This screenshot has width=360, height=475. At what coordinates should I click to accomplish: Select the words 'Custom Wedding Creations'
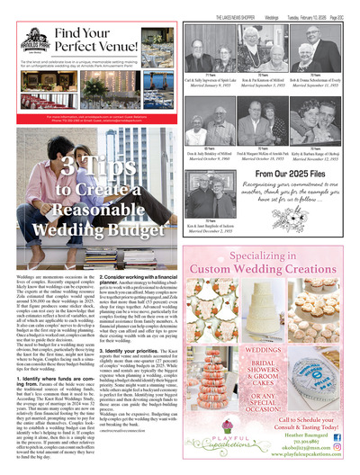[x=271, y=268]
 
